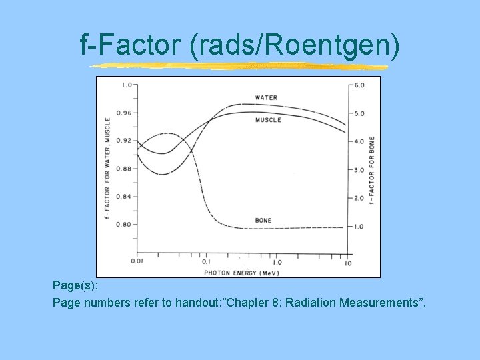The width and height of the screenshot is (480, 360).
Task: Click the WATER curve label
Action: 266,98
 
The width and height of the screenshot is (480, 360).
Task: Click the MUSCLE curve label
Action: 268,120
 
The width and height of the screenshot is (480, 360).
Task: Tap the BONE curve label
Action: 263,221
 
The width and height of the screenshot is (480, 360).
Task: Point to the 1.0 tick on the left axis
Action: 126,85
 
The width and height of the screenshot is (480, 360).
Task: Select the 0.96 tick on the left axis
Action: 124,113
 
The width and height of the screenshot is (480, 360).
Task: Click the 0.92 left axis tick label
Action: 124,141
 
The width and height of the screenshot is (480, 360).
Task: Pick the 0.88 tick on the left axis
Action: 124,169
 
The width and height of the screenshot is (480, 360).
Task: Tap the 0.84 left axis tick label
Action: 124,197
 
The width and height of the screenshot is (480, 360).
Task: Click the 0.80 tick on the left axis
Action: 124,225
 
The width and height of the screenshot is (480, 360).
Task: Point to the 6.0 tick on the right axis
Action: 359,85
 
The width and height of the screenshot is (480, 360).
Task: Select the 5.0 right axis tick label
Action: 359,113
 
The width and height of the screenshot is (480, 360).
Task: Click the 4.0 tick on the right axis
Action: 359,142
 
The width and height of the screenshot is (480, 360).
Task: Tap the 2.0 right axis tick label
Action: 359,199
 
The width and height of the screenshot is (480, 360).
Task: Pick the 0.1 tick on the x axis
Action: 206,262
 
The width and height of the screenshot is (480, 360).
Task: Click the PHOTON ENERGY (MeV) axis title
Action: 241,272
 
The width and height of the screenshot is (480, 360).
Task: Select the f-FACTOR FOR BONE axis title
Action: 371,170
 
